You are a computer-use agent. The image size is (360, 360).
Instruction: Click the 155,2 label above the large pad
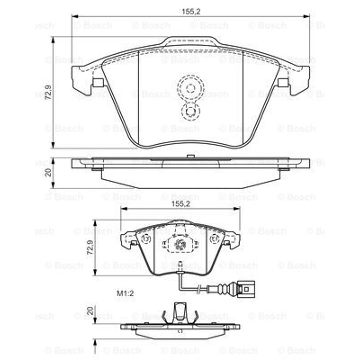pos(191,11)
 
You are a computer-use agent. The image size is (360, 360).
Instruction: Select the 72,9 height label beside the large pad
pos(48,92)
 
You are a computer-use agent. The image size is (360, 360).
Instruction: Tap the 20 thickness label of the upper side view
pos(48,172)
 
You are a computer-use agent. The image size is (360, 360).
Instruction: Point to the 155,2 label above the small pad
pos(181,204)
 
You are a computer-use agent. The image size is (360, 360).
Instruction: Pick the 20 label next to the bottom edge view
pos(90,311)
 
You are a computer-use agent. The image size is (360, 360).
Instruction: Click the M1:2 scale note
pos(125,293)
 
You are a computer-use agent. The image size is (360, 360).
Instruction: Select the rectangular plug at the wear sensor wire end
pos(247,289)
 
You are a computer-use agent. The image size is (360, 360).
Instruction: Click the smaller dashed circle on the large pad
pos(190,111)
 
